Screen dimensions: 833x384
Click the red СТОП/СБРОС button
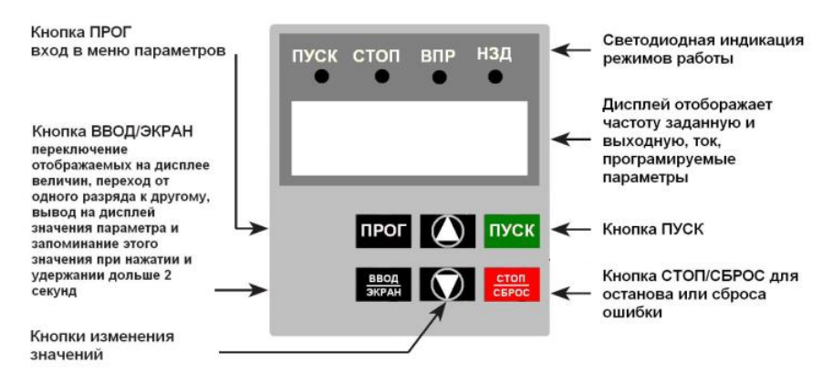tap(512, 285)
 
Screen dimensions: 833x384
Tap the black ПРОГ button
tap(383, 231)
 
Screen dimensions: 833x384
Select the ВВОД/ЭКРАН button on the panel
tap(383, 285)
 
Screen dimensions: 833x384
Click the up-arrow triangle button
tap(447, 231)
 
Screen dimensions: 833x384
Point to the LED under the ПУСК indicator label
tap(322, 77)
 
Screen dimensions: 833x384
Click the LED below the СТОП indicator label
tap(382, 77)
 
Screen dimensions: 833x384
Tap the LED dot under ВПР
tap(440, 78)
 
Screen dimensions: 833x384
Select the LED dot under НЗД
tap(495, 77)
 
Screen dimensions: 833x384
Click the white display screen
tap(409, 138)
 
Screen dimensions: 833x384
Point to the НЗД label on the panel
tap(495, 55)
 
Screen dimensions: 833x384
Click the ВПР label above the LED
tap(438, 56)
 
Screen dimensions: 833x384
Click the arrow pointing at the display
tap(571, 140)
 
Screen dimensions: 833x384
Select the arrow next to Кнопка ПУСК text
tap(571, 230)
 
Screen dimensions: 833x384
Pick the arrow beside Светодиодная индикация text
tap(571, 50)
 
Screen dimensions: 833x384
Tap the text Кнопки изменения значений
tap(102, 345)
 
